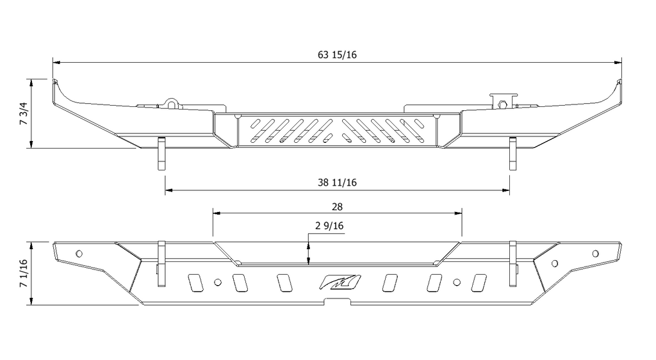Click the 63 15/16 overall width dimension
(337, 55)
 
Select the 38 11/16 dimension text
(337, 183)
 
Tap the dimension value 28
(337, 206)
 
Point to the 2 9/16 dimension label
(329, 225)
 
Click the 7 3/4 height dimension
(24, 113)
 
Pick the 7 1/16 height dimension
(24, 274)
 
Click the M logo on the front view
(340, 282)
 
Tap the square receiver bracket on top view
(504, 100)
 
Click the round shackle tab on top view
(171, 103)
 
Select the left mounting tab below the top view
(161, 154)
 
